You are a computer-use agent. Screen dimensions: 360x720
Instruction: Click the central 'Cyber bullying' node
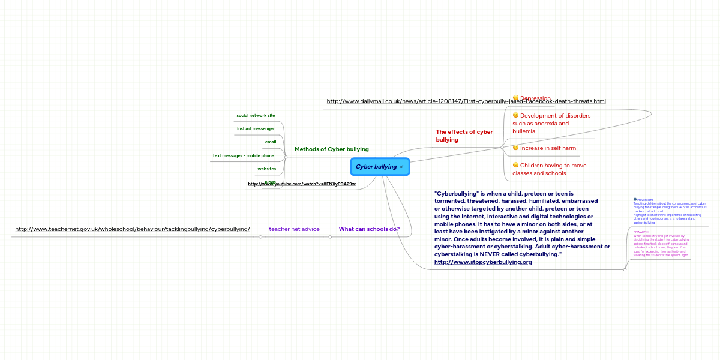point(376,167)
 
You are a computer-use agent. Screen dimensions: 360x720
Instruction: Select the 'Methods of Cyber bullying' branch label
point(331,149)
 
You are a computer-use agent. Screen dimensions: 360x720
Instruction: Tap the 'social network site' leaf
point(256,115)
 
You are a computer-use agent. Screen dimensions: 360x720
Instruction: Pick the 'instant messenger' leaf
point(256,128)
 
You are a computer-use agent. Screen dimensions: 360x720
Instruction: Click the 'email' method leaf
point(271,142)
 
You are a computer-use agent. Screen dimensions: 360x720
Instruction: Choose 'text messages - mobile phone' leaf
point(243,156)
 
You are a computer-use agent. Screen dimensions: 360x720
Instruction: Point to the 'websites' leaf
point(266,169)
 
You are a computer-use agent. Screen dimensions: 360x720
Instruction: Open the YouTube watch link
point(301,184)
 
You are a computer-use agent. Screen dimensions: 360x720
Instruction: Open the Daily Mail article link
point(466,101)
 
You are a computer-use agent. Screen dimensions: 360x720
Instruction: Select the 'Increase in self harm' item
point(547,148)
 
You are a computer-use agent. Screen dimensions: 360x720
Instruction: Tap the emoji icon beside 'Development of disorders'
point(515,115)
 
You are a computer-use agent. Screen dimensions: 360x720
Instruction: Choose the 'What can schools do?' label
point(369,229)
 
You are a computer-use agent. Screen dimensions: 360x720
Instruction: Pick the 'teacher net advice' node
point(294,229)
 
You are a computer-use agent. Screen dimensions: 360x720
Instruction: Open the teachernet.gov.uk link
point(132,229)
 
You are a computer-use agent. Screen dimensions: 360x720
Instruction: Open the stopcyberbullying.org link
point(482,262)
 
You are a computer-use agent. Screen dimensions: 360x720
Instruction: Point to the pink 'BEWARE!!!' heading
point(641,232)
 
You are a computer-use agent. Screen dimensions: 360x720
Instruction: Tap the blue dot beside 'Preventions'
point(635,199)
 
